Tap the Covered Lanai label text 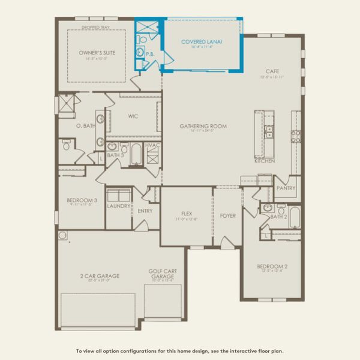point(202,42)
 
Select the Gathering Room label point(203,126)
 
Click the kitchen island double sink point(269,131)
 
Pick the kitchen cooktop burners point(296,136)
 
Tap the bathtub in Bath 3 point(136,154)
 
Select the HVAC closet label point(151,146)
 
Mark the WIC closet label point(133,116)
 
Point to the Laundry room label point(119,206)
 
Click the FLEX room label point(187,213)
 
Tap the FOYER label point(227,215)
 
